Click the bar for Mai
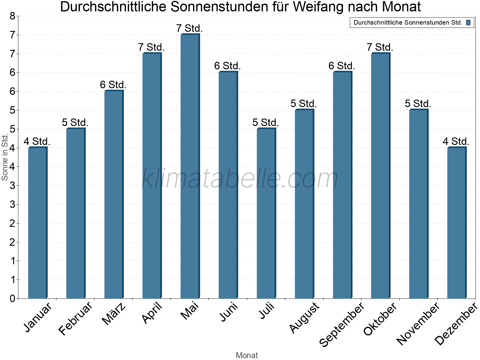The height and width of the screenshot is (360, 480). pyautogui.click(x=190, y=166)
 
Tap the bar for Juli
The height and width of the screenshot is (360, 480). pyautogui.click(x=266, y=214)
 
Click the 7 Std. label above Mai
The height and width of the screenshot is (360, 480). pyautogui.click(x=190, y=28)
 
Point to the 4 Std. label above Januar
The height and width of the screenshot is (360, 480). pyautogui.click(x=37, y=141)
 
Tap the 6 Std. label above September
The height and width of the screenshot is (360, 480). pyautogui.click(x=342, y=66)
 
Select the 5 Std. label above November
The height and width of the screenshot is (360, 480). pyautogui.click(x=418, y=103)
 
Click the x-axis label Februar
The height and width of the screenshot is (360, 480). pyautogui.click(x=76, y=319)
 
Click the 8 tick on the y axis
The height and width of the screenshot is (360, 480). pyautogui.click(x=12, y=16)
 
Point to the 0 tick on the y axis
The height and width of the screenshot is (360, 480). pyautogui.click(x=12, y=298)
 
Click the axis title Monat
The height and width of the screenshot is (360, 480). pyautogui.click(x=247, y=355)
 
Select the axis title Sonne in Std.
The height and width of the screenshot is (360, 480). pyautogui.click(x=4, y=157)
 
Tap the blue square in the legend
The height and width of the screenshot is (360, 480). pyautogui.click(x=468, y=22)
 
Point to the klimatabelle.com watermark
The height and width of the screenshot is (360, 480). pyautogui.click(x=240, y=178)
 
